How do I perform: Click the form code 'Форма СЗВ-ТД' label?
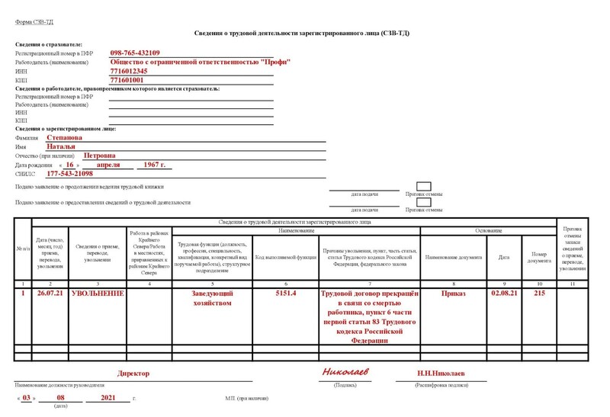pyautogui.click(x=33, y=22)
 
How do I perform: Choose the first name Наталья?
pyautogui.click(x=62, y=146)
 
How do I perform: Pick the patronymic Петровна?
pyautogui.click(x=99, y=156)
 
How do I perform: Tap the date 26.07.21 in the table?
pyautogui.click(x=50, y=293)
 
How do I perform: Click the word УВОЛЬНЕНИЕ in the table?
pyautogui.click(x=97, y=293)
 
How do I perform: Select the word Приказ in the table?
pyautogui.click(x=454, y=293)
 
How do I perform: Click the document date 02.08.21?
pyautogui.click(x=504, y=293)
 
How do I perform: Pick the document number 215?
pyautogui.click(x=540, y=293)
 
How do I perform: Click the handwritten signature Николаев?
pyautogui.click(x=345, y=372)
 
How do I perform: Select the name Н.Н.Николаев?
pyautogui.click(x=441, y=374)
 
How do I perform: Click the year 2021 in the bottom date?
pyautogui.click(x=109, y=398)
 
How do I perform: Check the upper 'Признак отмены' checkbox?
pyautogui.click(x=424, y=187)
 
